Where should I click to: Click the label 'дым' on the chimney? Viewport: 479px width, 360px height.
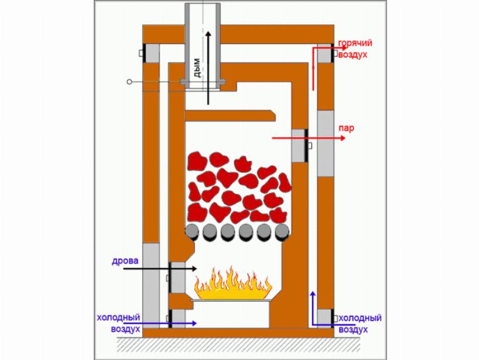[x=197, y=68]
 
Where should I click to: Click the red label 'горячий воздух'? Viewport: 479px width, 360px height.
[x=355, y=49]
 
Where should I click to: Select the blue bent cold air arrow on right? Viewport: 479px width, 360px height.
[x=313, y=313]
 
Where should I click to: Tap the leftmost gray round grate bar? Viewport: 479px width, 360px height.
[x=192, y=232]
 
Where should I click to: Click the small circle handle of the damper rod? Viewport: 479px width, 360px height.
[x=129, y=81]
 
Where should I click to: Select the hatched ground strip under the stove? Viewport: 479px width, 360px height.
[x=238, y=344]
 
